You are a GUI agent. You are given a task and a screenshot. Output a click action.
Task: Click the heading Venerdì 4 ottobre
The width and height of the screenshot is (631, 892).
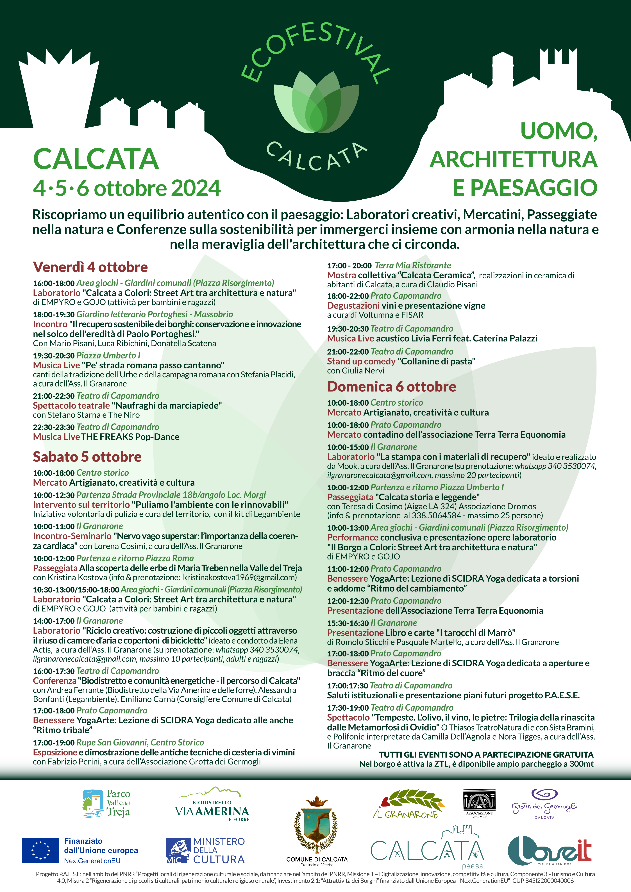pyautogui.click(x=90, y=267)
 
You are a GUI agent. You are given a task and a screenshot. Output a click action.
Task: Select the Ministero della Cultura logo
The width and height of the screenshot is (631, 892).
pyautogui.click(x=205, y=851)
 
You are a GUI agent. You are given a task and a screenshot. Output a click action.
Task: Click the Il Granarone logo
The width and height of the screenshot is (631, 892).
pyautogui.click(x=408, y=804)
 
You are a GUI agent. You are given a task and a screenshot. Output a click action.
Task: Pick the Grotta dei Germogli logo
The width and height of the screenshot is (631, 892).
pyautogui.click(x=544, y=804)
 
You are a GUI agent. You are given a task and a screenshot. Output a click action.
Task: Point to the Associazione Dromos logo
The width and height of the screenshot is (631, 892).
pyautogui.click(x=479, y=803)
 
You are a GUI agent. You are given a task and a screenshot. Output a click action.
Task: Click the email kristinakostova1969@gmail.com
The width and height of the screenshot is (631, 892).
pyautogui.click(x=240, y=577)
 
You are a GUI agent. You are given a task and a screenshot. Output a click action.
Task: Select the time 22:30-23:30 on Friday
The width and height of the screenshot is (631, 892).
pyautogui.click(x=54, y=427)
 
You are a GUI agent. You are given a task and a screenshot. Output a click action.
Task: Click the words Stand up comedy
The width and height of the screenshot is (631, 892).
pyautogui.click(x=361, y=361)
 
